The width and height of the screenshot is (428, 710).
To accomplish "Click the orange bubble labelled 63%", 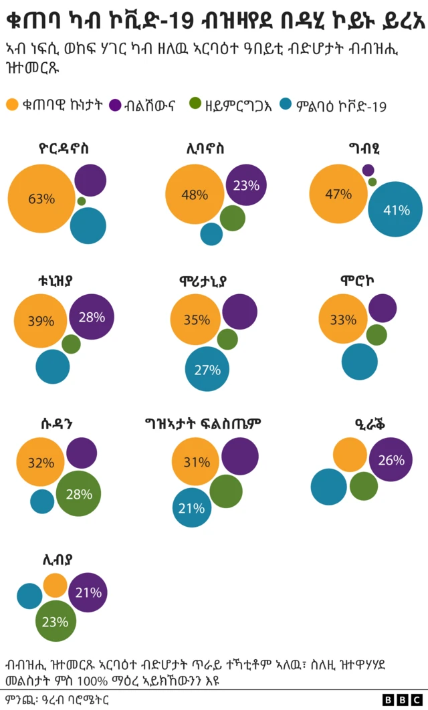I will (x=41, y=199).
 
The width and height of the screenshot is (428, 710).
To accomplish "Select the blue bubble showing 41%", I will (x=395, y=210).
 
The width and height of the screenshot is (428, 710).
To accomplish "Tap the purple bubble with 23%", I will (x=246, y=185).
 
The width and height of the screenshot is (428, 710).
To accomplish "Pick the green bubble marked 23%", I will (x=56, y=621).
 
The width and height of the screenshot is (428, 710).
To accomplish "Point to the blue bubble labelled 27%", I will (x=207, y=368).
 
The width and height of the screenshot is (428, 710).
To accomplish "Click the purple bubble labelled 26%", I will (x=391, y=460).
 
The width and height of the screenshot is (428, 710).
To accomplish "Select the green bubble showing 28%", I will (x=78, y=495).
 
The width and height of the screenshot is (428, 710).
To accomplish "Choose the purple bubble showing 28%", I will (x=91, y=317).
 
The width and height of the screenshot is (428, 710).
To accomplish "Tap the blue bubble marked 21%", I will (x=192, y=508).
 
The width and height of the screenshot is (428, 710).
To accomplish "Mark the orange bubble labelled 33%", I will (x=343, y=320).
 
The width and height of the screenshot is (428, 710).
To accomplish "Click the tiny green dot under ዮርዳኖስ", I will (x=82, y=201).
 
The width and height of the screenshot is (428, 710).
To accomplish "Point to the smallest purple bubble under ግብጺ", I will (x=368, y=170).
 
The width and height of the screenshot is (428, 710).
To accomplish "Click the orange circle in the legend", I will (x=12, y=104).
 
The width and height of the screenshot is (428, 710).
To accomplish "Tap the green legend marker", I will (x=195, y=104).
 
